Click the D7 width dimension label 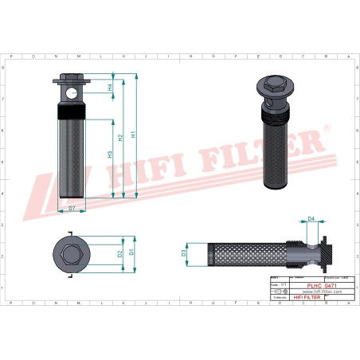click(72, 208)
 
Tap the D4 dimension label click(311, 217)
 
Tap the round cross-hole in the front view click(72, 93)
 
